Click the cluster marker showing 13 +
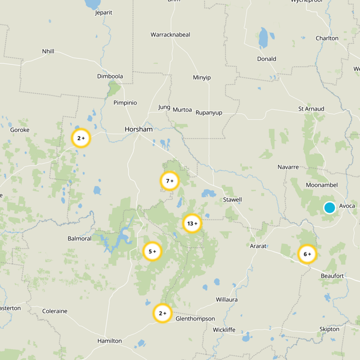[x=192, y=223]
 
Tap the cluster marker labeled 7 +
[x=170, y=181]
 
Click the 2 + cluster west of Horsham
[x=81, y=138]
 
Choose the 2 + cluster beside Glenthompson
[x=162, y=313]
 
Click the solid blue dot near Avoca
[x=329, y=207]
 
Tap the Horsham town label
[x=139, y=129]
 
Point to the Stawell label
[x=232, y=199]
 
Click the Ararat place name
[x=258, y=246]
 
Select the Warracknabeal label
[x=171, y=35]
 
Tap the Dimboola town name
[x=110, y=76]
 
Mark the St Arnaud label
[x=311, y=109]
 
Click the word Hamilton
[x=109, y=341]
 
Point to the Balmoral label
[x=79, y=238]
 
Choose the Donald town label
[x=266, y=59]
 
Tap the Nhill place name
[x=48, y=51]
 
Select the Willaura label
[x=227, y=299]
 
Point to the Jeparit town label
[x=103, y=13]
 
